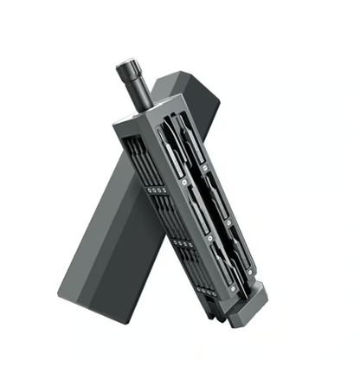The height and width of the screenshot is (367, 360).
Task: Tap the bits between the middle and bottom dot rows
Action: click(x=192, y=270)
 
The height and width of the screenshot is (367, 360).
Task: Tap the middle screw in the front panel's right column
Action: click(x=227, y=222)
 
